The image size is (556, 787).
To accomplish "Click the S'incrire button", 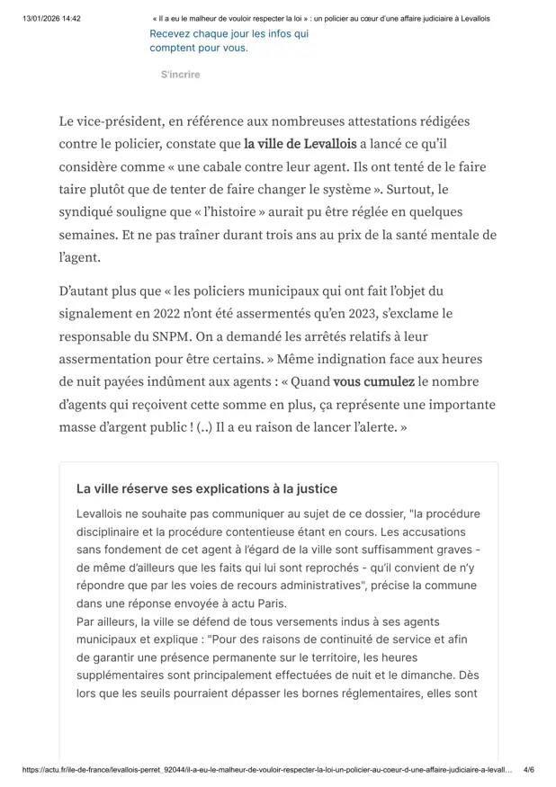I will [x=180, y=75].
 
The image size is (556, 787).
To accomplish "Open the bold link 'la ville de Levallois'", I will [x=300, y=144].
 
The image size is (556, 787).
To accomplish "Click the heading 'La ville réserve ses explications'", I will [x=207, y=489].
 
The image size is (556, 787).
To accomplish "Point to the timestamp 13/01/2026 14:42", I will [x=51, y=18].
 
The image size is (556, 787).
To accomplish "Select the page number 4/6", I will [x=528, y=771].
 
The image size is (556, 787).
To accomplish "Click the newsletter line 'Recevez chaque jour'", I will [x=229, y=33].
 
